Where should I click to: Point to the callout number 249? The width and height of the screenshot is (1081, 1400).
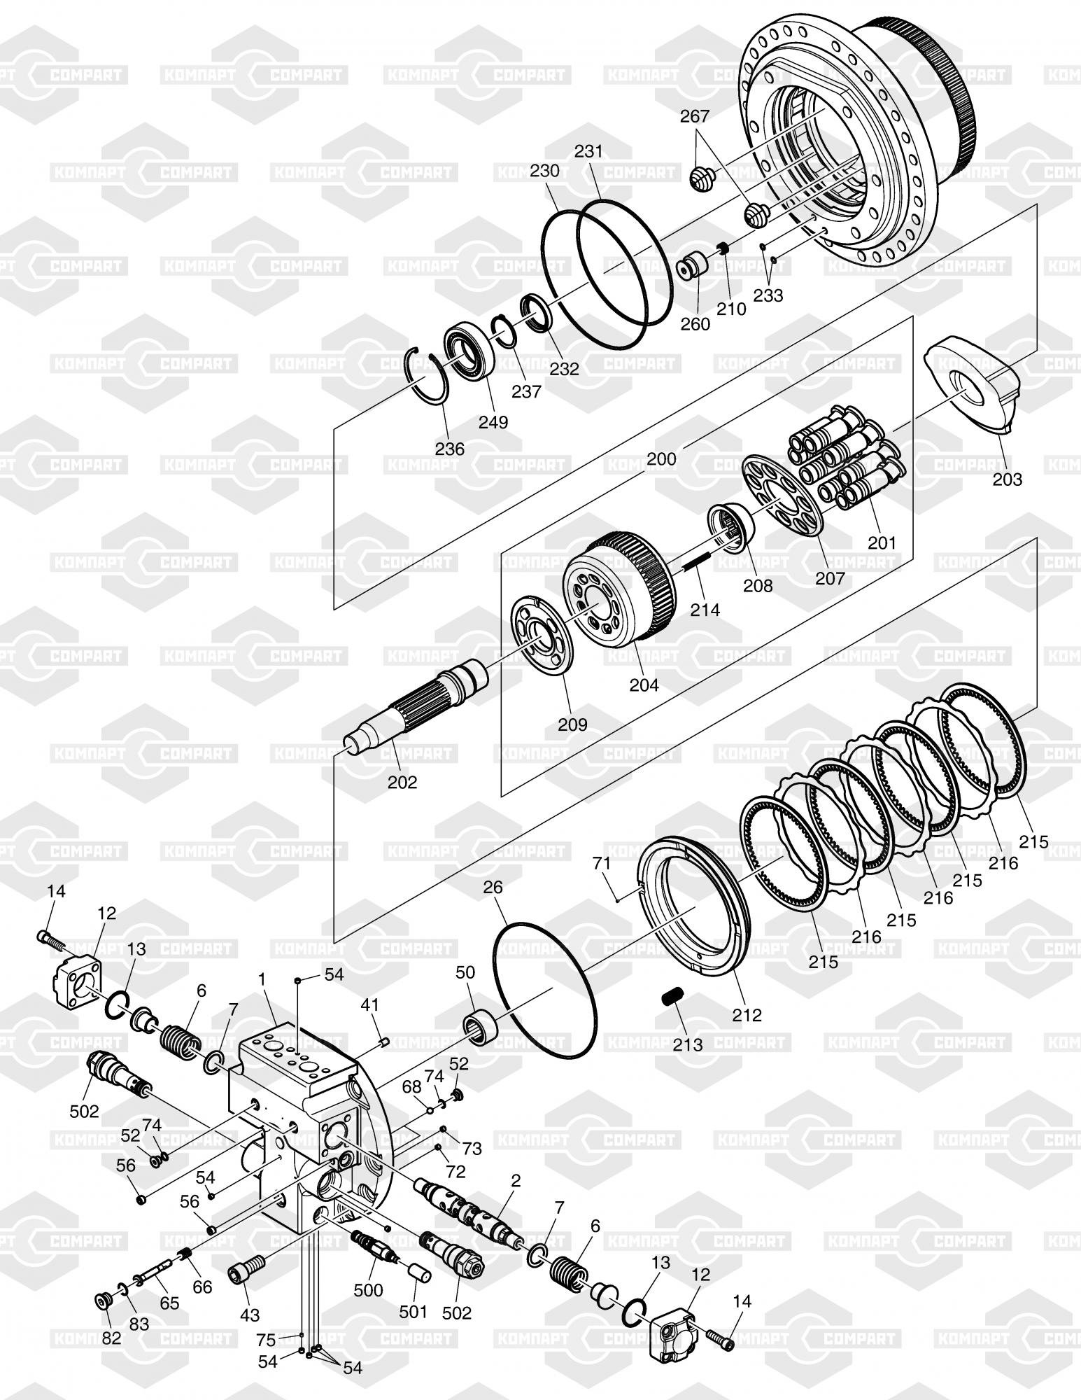(494, 422)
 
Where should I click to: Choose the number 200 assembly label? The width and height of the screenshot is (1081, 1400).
(661, 458)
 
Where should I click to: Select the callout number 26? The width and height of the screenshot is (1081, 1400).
(493, 887)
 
